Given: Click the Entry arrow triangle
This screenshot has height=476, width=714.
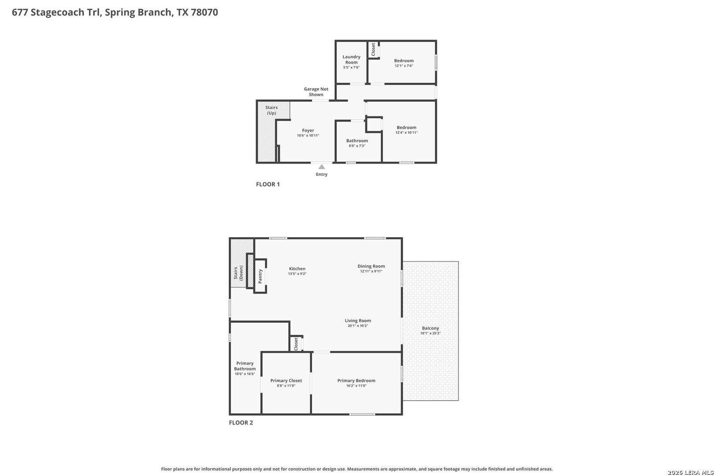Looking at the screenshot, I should [322, 167].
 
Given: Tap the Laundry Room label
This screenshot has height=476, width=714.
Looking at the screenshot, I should [351, 59].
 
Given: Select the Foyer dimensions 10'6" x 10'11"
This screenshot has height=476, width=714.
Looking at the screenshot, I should [308, 136].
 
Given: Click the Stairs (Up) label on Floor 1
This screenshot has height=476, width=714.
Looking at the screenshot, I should [271, 110].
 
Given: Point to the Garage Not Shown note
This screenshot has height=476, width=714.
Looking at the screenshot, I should [316, 92].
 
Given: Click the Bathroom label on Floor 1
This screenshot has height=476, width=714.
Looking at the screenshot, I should [357, 141].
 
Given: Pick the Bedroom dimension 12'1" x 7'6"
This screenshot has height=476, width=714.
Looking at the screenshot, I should [404, 66].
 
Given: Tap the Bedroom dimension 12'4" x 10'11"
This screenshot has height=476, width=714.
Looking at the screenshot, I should [406, 133].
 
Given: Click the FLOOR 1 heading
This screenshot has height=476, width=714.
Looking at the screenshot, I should [268, 184].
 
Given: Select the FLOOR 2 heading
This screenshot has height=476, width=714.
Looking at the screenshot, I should [241, 423].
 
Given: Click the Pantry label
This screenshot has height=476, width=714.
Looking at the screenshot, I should [260, 276].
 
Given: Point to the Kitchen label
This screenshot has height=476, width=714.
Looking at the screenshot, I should [297, 268].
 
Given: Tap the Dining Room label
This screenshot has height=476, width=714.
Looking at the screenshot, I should [371, 266].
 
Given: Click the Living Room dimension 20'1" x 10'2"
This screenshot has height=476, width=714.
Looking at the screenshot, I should [357, 326].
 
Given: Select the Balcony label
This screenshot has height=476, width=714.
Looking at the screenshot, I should [430, 328].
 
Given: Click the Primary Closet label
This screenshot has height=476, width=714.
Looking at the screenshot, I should [286, 380].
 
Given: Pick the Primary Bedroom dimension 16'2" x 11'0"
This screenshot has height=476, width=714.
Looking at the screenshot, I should [356, 386].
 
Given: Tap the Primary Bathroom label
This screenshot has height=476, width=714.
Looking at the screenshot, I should [245, 366].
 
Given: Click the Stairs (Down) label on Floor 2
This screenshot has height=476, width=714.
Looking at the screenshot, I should [238, 273].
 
